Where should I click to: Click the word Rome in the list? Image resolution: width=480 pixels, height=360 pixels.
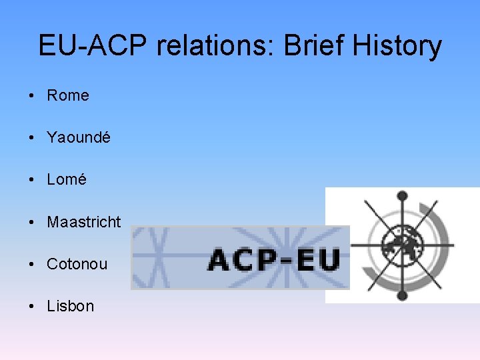[x=67, y=96]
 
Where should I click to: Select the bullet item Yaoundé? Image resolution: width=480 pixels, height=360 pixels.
[x=79, y=138]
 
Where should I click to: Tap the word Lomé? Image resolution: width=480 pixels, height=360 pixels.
[x=67, y=180]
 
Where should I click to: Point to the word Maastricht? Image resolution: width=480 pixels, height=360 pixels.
[x=84, y=222]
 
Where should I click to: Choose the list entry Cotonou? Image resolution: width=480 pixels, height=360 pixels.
[x=77, y=264]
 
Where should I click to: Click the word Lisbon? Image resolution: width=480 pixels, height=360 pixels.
[x=70, y=306]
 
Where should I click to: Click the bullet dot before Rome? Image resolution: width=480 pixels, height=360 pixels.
[x=32, y=96]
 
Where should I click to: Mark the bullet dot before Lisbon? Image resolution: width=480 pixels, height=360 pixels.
[x=32, y=306]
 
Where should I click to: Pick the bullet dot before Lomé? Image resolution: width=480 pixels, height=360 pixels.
[x=32, y=180]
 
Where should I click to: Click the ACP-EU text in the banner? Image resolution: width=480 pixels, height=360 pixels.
[x=273, y=259]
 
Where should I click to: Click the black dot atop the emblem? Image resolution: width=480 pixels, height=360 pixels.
[x=401, y=196]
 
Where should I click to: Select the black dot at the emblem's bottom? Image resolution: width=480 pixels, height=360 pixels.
[x=401, y=294]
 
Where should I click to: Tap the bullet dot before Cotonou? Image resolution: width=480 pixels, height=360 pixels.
[x=32, y=264]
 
